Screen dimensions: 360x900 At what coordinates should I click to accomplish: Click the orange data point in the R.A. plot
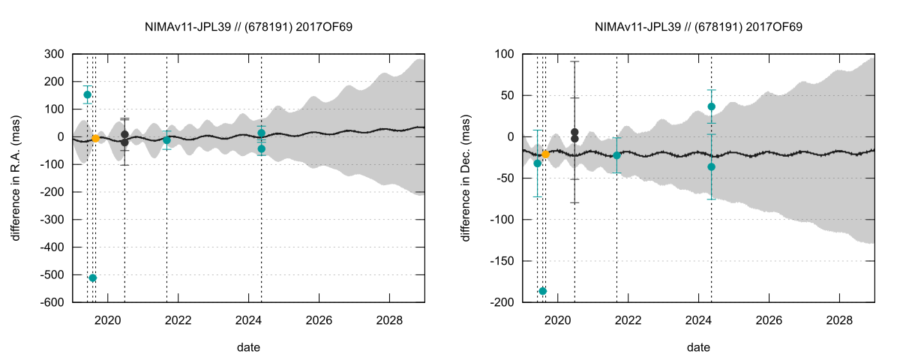[95, 139]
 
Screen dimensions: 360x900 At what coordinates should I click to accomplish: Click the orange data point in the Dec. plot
[545, 154]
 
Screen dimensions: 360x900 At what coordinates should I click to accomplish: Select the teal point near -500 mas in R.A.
[93, 278]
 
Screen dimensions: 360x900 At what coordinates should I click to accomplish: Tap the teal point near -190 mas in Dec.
[543, 291]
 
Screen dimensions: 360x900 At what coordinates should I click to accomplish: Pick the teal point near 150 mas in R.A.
[87, 94]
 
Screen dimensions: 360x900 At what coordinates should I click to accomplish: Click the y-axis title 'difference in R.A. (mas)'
[16, 178]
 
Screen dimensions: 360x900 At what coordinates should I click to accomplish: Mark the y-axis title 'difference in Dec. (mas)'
[466, 178]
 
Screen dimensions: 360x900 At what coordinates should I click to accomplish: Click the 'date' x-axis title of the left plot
[248, 348]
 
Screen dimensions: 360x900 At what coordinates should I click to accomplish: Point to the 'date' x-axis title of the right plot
[698, 348]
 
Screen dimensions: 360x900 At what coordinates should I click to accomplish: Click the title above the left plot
[248, 26]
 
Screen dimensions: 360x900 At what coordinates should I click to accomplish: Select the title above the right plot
[698, 26]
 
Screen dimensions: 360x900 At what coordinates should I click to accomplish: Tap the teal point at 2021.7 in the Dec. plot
[617, 155]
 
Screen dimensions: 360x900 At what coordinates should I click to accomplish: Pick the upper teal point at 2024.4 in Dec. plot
[711, 106]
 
